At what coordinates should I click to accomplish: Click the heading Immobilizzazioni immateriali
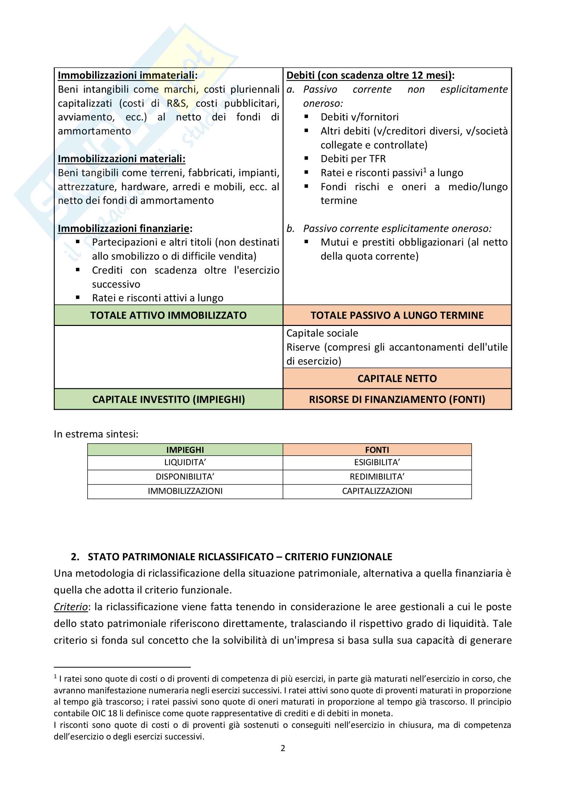[x=127, y=75]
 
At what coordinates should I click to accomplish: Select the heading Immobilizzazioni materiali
[x=121, y=159]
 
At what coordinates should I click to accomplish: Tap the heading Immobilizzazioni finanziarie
[x=125, y=228]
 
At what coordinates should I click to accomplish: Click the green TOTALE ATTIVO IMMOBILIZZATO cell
[x=168, y=315]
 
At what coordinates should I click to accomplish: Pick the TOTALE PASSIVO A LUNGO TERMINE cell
[x=397, y=315]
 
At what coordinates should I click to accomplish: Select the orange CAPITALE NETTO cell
[x=397, y=378]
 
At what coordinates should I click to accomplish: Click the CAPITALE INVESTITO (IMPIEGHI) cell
[x=168, y=399]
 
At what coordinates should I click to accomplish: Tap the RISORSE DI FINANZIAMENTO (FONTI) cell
[x=397, y=399]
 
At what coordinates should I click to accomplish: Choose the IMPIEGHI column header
[x=185, y=450]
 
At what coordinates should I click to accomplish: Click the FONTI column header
[x=377, y=450]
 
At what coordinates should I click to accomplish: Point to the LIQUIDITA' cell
[x=185, y=462]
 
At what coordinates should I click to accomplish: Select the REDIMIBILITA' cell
[x=377, y=477]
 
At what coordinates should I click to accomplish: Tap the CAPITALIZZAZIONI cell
[x=377, y=491]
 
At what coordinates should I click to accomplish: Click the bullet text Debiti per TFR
[x=353, y=159]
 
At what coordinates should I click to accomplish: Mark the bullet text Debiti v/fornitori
[x=359, y=117]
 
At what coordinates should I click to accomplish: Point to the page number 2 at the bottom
[x=283, y=748]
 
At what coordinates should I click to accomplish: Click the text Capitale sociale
[x=322, y=333]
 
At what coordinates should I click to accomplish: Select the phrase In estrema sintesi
[x=96, y=434]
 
